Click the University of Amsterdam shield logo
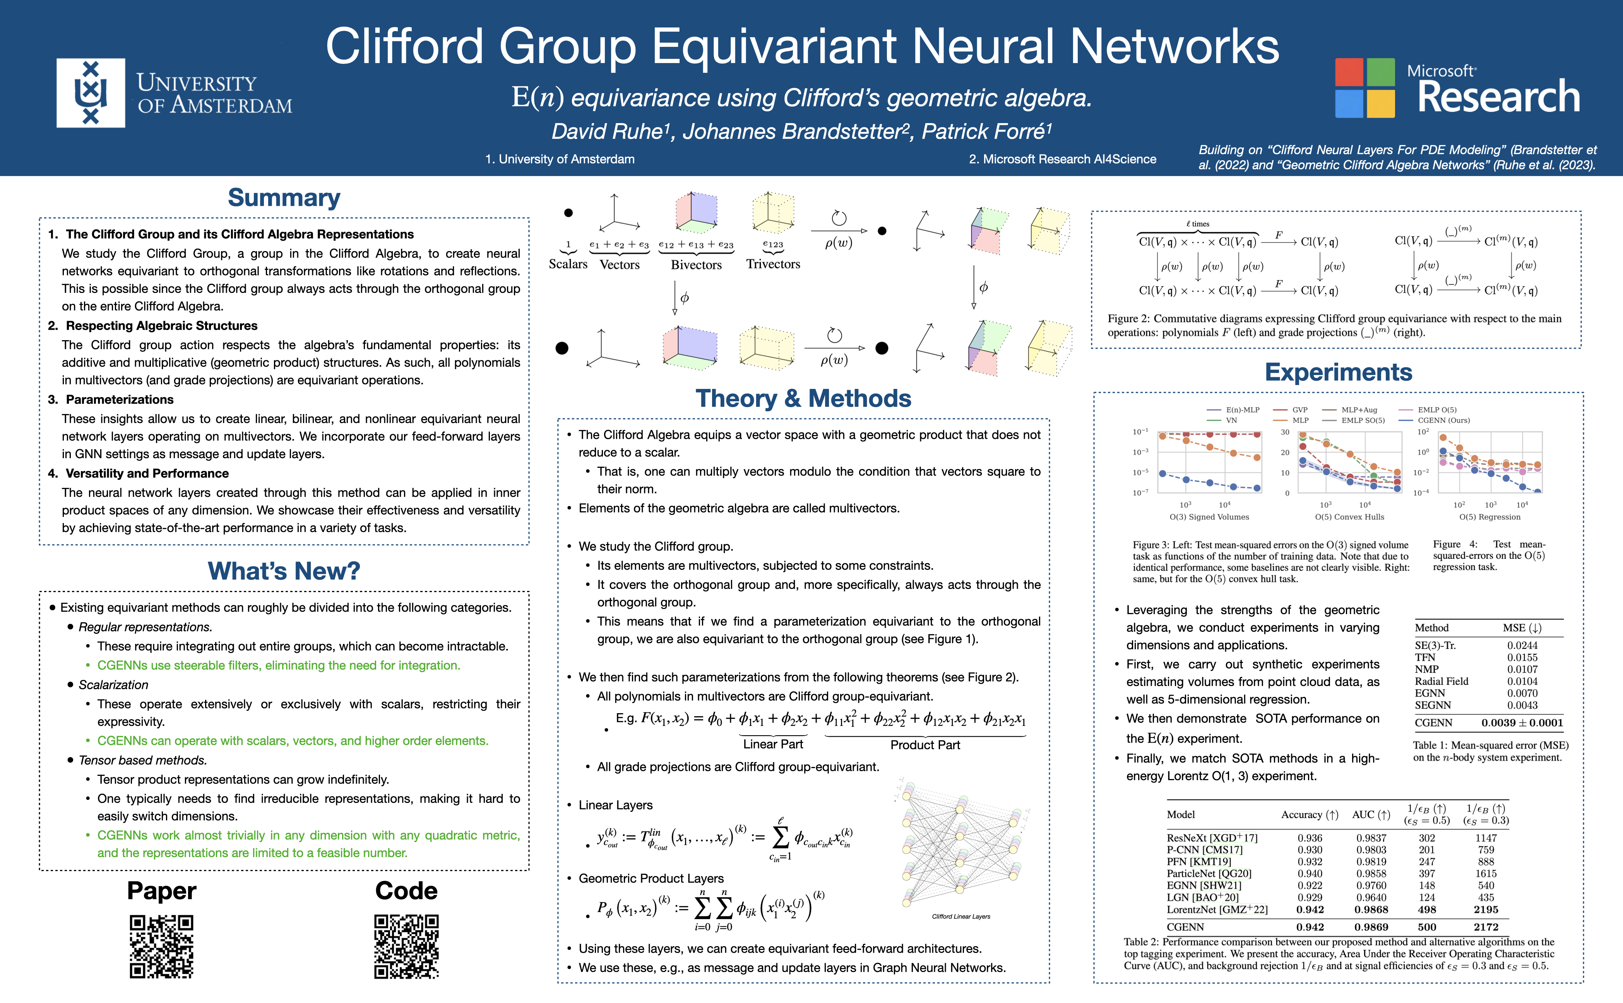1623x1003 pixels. click(x=91, y=93)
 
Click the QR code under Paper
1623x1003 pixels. click(x=161, y=947)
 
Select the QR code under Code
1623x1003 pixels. click(x=407, y=947)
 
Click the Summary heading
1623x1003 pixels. click(x=284, y=198)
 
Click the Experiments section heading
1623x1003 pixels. click(x=1339, y=372)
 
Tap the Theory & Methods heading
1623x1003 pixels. click(x=803, y=398)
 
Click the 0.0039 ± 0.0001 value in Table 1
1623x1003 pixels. click(x=1522, y=722)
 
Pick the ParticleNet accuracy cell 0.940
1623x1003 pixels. click(x=1310, y=874)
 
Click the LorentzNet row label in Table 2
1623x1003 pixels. click(x=1217, y=909)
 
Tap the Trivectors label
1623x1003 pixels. click(x=773, y=264)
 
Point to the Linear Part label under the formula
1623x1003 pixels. click(x=773, y=744)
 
